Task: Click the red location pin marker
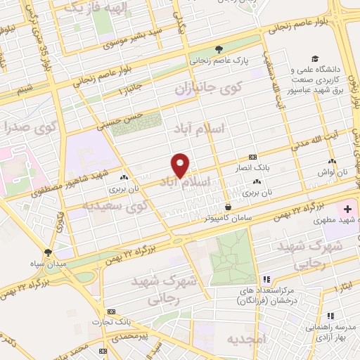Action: pos(181,165)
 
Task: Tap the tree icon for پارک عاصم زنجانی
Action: pos(219,49)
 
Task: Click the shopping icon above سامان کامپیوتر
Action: pos(229,206)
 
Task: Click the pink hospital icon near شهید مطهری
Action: pos(346,209)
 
